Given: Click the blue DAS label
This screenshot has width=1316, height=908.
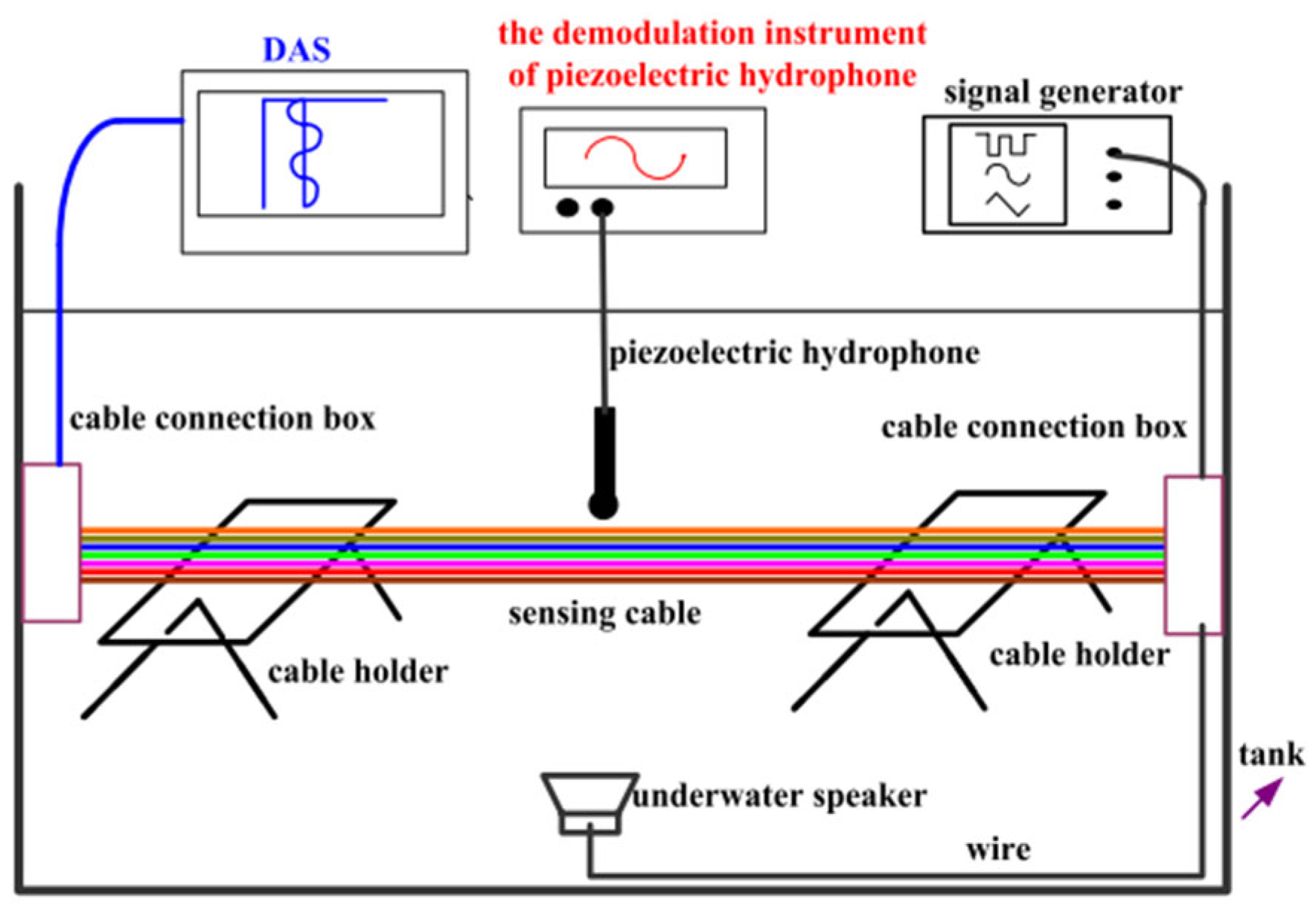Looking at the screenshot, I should (296, 50).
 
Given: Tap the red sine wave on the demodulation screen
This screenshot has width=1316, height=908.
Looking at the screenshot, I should (635, 158).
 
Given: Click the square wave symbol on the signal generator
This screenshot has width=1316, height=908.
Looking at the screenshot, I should (1006, 144).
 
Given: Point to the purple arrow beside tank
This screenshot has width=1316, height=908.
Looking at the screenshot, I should (1262, 799).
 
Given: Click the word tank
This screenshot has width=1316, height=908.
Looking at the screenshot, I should (1271, 755).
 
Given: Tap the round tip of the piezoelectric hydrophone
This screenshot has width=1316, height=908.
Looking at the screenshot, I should (603, 506).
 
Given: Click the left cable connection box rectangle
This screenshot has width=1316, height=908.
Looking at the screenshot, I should (51, 542).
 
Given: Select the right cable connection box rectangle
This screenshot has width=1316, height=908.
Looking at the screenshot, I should (1192, 555).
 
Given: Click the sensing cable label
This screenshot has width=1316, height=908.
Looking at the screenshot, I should (604, 614).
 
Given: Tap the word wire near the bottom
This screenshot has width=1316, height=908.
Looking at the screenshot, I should (998, 849).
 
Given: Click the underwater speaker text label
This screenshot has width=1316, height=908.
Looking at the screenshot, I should (779, 796).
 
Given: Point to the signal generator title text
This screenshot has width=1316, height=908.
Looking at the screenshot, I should (1062, 92).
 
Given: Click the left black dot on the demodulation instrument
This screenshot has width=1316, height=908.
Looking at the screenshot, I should (567, 207).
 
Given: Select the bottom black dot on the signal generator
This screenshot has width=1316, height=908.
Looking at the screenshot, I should (1114, 204).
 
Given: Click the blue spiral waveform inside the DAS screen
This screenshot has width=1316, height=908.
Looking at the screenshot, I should (304, 153).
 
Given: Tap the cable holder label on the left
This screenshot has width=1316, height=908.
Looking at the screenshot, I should (357, 672).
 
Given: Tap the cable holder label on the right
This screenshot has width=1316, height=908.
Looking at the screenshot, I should (1079, 655).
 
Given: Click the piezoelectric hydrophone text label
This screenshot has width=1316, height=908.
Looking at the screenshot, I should (793, 353).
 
